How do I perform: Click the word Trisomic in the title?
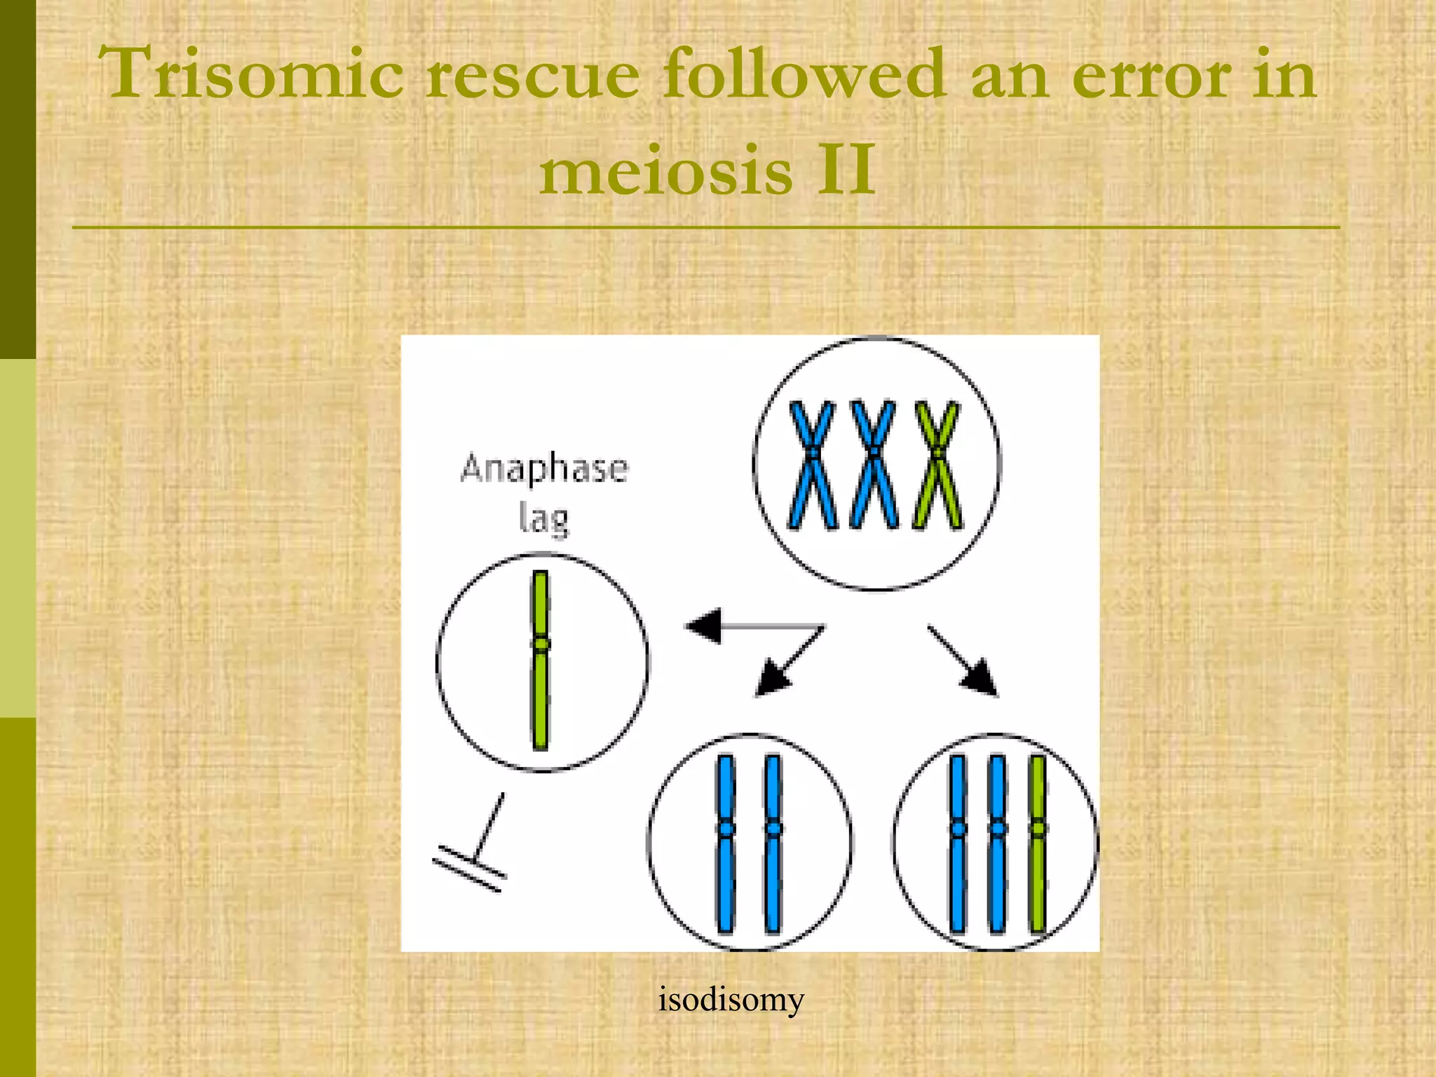click(x=250, y=74)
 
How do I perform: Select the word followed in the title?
click(x=804, y=74)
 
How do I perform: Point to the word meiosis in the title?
click(x=665, y=171)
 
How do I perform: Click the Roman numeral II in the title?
click(x=846, y=170)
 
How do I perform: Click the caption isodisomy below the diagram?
click(x=731, y=1000)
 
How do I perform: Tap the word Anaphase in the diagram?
click(x=544, y=468)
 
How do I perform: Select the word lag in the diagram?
click(x=543, y=520)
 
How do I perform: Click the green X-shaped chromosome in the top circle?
click(x=937, y=464)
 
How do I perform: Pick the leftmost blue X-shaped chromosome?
click(x=812, y=464)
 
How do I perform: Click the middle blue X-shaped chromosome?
click(x=874, y=464)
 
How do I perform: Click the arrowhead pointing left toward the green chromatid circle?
click(x=703, y=625)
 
